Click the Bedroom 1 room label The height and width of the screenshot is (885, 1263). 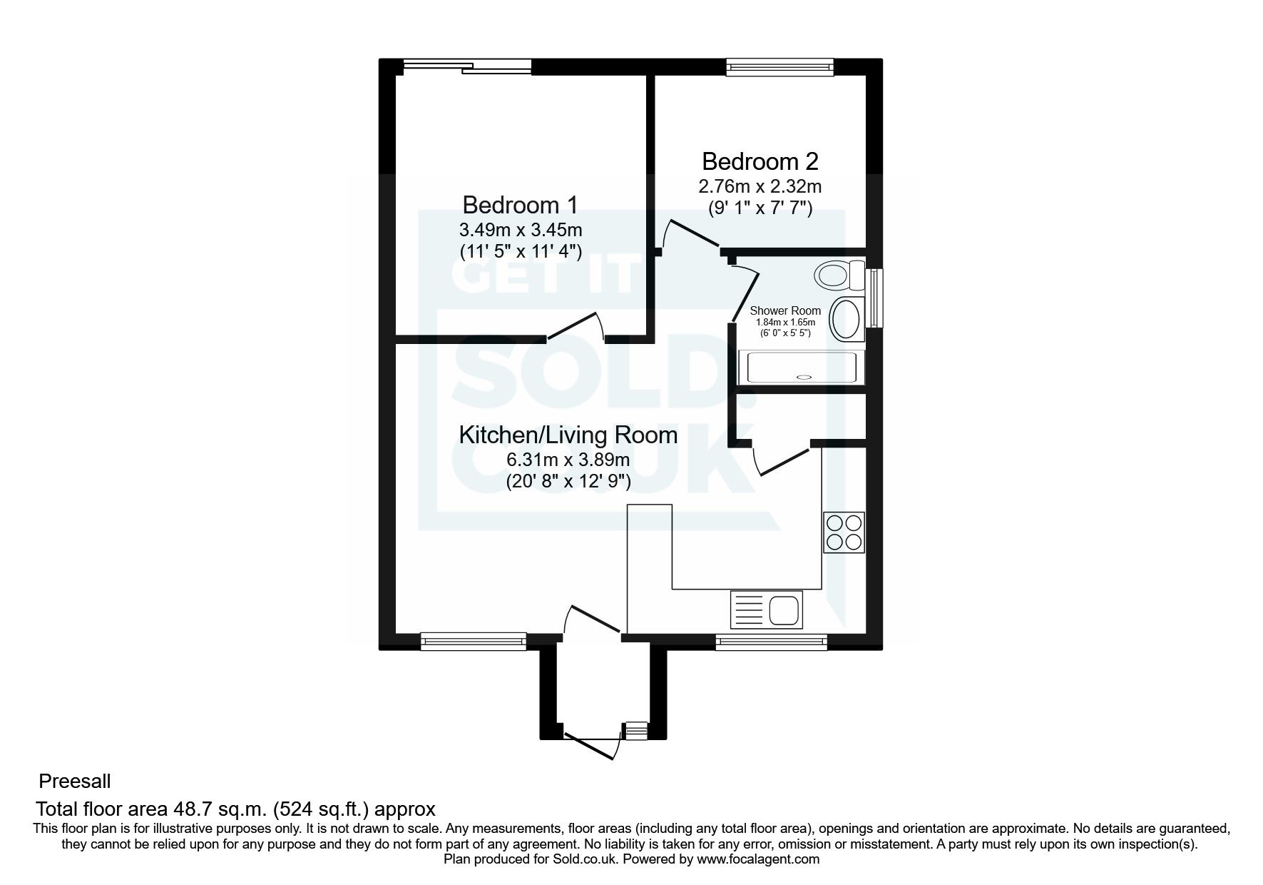coord(520,206)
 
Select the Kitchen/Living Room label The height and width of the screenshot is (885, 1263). coord(568,435)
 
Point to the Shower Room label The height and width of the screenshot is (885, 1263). coord(785,311)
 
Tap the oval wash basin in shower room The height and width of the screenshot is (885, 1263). coord(847,318)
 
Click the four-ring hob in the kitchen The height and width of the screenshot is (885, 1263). coord(844,532)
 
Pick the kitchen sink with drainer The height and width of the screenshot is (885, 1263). coord(766,609)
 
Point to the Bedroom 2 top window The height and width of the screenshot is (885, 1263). coord(779,67)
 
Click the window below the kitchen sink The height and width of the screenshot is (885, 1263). coord(772,642)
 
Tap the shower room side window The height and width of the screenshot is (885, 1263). coord(874,298)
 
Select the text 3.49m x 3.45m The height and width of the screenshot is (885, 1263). coord(521,230)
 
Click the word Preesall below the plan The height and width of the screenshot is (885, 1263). coord(75,782)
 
